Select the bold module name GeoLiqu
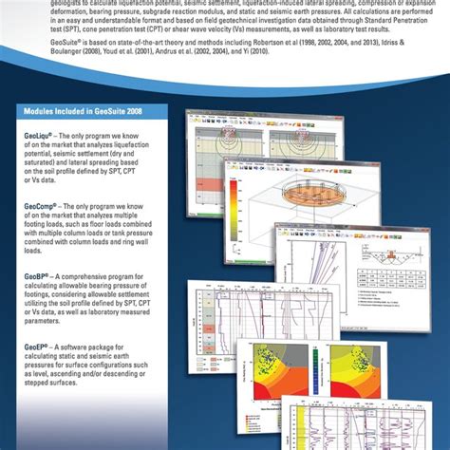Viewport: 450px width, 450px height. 36,136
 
